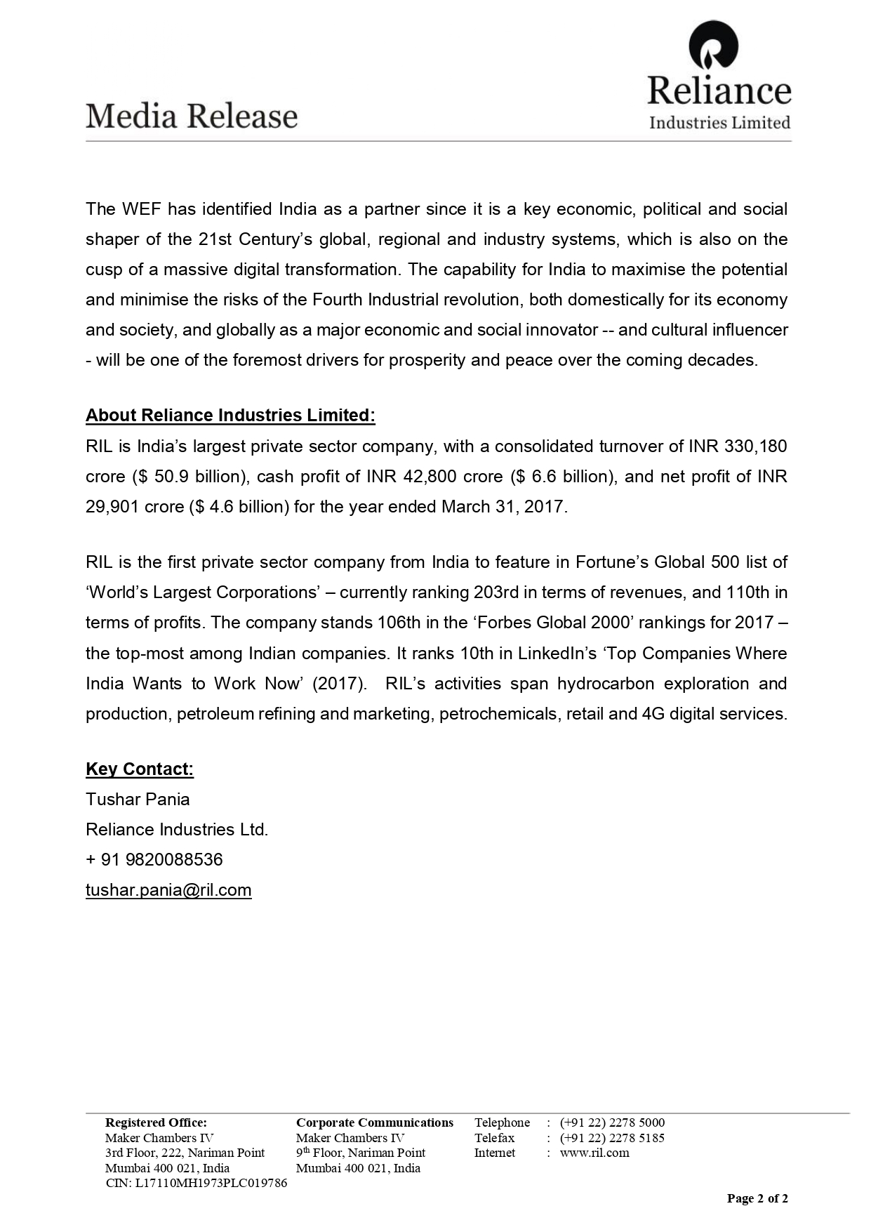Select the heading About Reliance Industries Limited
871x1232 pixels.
click(x=230, y=416)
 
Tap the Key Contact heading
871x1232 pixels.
click(x=140, y=769)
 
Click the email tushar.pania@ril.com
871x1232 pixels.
click(x=168, y=890)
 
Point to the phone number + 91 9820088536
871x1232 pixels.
click(x=154, y=860)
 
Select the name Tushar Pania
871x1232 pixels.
click(x=138, y=800)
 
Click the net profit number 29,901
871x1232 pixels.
click(x=112, y=507)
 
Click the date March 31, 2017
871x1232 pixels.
click(x=503, y=507)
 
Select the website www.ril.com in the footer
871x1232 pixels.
click(x=594, y=1153)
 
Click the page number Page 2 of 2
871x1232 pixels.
click(x=757, y=1198)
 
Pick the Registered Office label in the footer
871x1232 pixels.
click(x=156, y=1122)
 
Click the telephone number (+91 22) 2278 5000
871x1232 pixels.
click(x=612, y=1122)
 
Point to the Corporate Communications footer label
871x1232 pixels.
click(x=375, y=1122)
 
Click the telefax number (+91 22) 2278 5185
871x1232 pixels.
click(x=612, y=1138)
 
